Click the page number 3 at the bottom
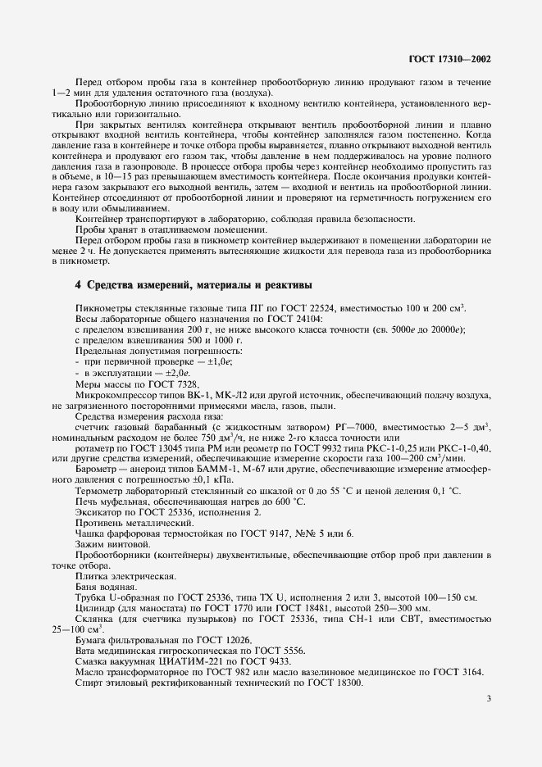489,699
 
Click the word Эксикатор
96,511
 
